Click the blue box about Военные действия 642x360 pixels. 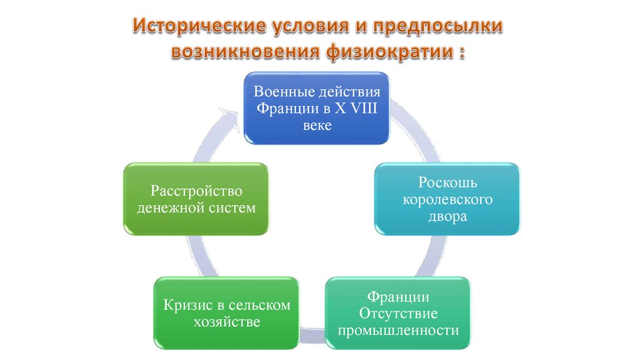[317, 108]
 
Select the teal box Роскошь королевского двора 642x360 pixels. [447, 199]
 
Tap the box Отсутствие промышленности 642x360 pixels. [398, 312]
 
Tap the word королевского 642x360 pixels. [448, 200]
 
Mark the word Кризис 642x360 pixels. [186, 305]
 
